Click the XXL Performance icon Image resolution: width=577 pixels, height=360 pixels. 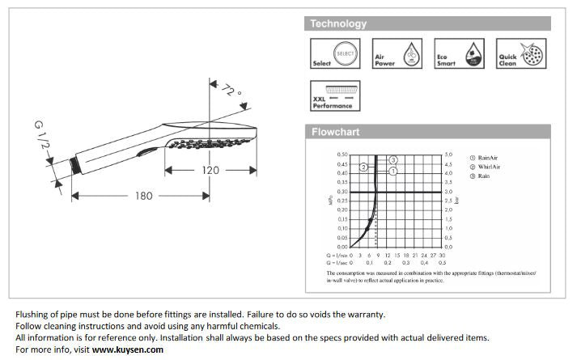coord(332,95)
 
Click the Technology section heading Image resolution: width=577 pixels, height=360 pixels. coord(338,23)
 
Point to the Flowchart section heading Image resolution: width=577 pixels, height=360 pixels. coord(336,132)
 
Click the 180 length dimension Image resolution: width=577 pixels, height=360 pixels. coord(143,195)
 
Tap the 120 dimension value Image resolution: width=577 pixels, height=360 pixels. coord(211,170)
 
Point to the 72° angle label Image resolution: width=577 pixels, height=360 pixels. coord(231,91)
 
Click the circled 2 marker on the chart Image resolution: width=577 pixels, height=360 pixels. coord(364,167)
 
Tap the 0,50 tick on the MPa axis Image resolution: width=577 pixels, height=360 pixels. coord(342,154)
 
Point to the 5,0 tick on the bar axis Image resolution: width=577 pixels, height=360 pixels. coord(448,154)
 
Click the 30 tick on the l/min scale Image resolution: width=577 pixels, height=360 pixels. coord(442,254)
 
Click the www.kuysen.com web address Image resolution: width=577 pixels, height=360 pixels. coord(127,349)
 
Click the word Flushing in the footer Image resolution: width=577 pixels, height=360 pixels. coord(32,315)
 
